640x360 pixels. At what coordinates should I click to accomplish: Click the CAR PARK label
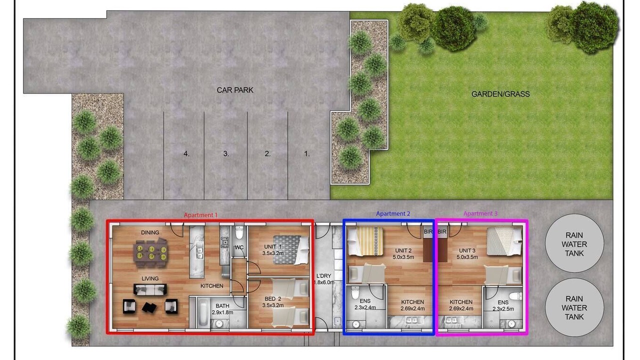[235, 90]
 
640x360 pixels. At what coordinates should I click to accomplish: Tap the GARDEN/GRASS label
[500, 94]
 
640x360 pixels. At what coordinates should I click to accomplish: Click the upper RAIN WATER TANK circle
[574, 243]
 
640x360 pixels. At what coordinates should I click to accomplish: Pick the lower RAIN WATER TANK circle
[574, 307]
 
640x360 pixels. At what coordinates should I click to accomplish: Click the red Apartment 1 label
[200, 215]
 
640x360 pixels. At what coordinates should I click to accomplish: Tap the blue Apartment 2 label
[393, 213]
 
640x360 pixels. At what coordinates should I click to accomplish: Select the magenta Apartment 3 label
[480, 213]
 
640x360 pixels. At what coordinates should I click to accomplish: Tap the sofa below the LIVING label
[150, 289]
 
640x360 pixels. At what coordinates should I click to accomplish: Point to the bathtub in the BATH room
[203, 312]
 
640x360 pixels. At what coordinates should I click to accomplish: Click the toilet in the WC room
[239, 233]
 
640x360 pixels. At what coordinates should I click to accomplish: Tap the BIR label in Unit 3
[442, 231]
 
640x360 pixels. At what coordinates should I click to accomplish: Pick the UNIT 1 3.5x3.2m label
[273, 249]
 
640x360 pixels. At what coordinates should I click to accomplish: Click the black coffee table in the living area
[149, 307]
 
